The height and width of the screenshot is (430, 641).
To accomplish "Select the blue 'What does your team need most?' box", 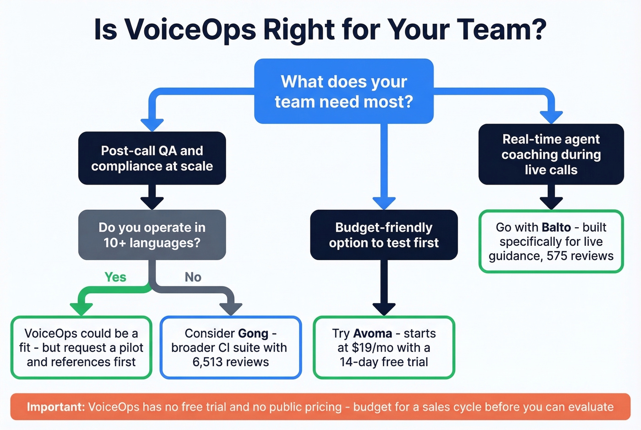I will click(343, 91).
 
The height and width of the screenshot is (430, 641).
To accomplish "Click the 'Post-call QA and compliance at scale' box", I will click(152, 158).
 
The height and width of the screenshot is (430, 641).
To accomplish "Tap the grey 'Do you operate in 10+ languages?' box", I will click(152, 235).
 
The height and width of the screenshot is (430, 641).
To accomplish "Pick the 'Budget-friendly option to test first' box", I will click(384, 235).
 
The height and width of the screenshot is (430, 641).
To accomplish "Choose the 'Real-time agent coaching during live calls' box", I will click(551, 154).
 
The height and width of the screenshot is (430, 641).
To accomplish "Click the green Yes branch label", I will click(115, 277).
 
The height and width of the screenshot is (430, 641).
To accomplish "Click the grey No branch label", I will click(193, 277).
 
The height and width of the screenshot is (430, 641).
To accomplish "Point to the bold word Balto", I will click(556, 228).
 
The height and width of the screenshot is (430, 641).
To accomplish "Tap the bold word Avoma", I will click(373, 333).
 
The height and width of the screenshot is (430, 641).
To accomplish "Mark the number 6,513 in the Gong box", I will click(209, 362).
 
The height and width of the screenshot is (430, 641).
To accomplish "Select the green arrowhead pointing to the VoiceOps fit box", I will click(81, 309).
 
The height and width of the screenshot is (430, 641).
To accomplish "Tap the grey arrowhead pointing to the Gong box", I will click(231, 309).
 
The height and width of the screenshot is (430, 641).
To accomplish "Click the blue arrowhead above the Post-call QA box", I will click(152, 124).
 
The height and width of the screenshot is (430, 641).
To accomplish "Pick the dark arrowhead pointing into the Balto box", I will click(551, 202).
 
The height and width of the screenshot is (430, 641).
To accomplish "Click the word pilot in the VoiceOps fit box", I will click(131, 348).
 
